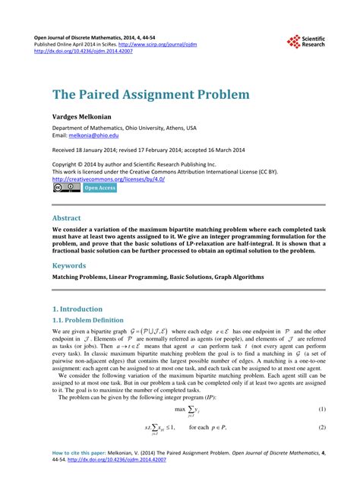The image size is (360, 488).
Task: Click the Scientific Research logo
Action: click(305, 43)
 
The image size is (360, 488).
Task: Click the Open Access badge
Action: click(99, 187)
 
